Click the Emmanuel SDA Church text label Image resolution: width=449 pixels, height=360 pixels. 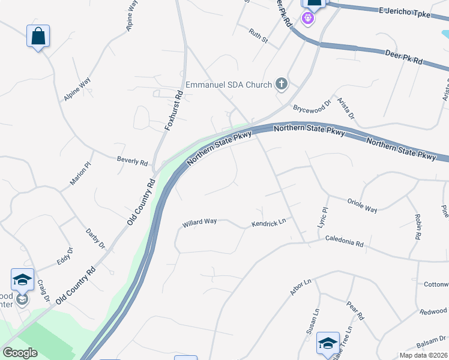point(229,85)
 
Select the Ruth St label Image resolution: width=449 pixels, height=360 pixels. point(259,36)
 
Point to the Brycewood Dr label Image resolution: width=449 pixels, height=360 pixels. point(312,107)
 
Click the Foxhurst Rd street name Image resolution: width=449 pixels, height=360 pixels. point(173,110)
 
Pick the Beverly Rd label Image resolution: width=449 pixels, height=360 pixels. point(132,161)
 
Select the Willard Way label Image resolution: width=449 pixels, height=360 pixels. point(199,222)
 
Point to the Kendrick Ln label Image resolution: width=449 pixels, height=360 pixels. point(268,224)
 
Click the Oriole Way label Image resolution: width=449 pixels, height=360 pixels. point(362,206)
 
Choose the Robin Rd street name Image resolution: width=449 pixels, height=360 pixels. point(416,227)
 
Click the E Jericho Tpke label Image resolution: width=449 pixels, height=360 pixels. point(405,12)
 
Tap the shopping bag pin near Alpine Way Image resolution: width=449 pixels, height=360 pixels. point(38,36)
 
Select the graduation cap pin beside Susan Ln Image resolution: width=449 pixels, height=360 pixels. point(328,343)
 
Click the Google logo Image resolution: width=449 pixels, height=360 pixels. point(20,353)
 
